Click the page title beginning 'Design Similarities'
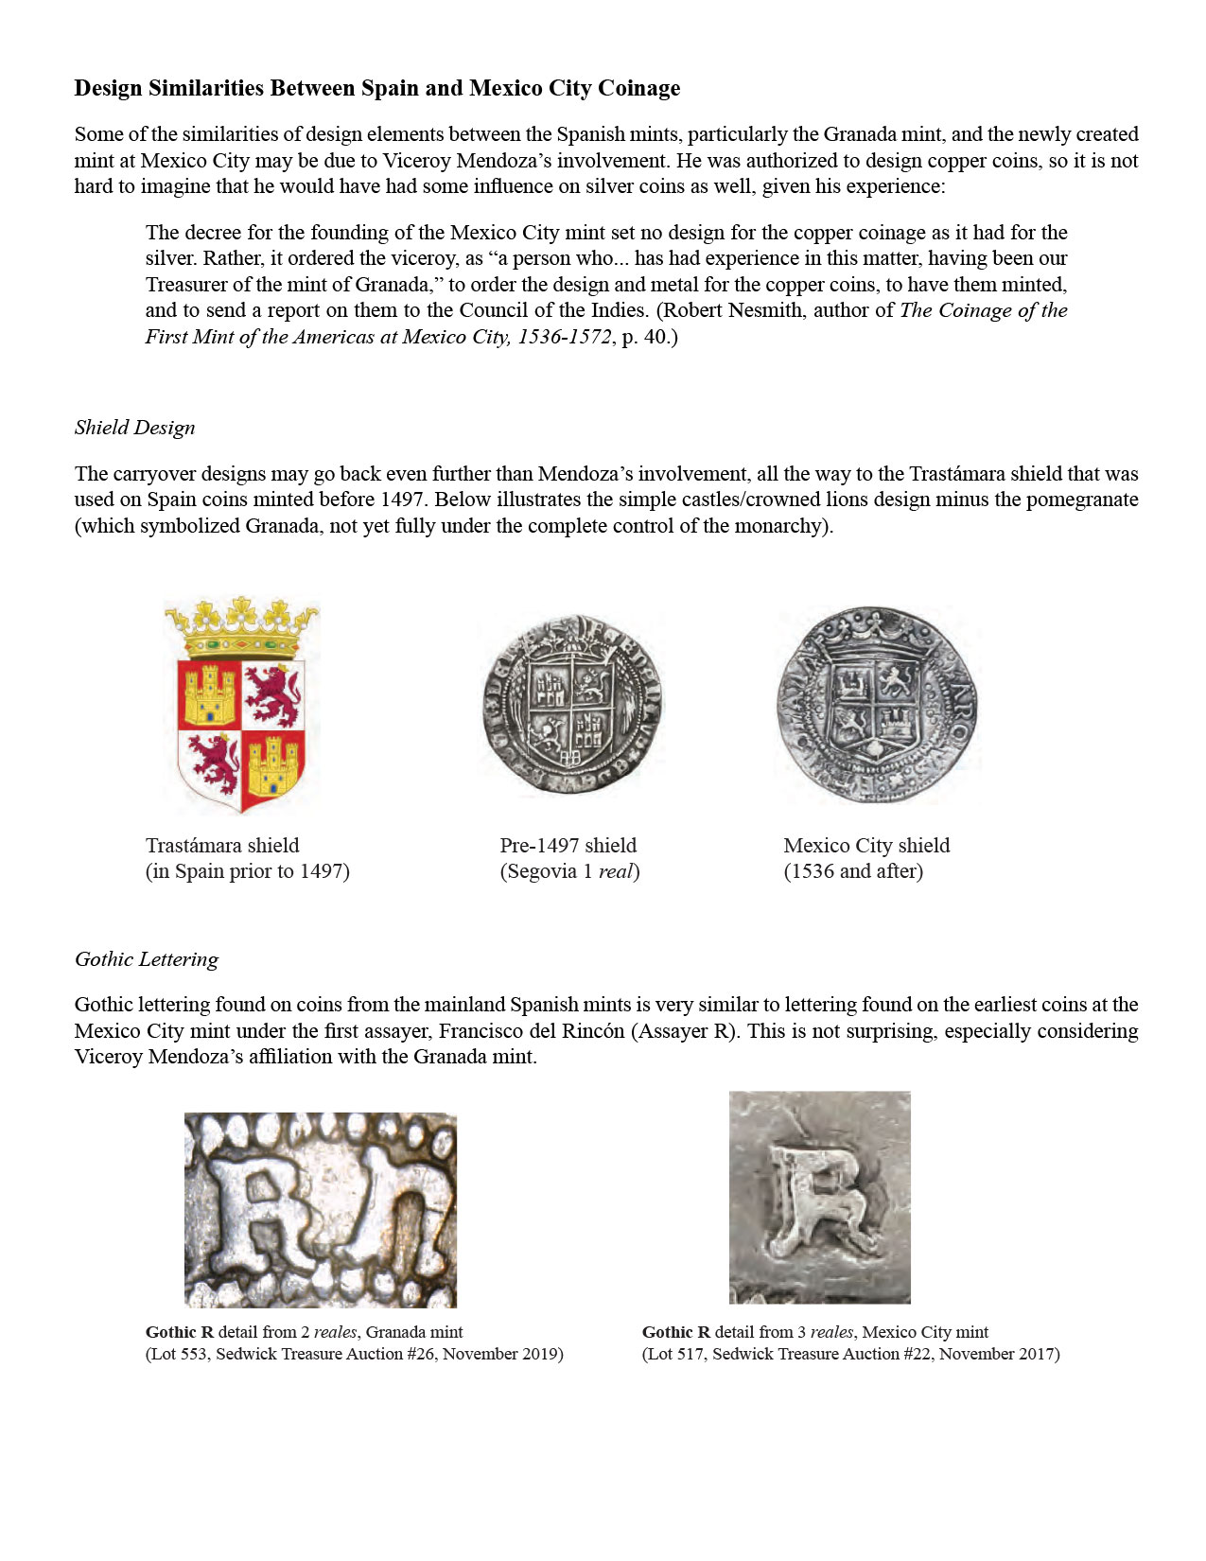point(376,88)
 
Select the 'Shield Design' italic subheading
point(134,428)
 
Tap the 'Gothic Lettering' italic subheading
point(146,959)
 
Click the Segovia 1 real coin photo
point(571,704)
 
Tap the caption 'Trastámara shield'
point(222,846)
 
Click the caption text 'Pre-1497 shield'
point(568,846)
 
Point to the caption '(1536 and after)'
point(852,871)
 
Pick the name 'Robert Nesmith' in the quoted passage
point(732,310)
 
